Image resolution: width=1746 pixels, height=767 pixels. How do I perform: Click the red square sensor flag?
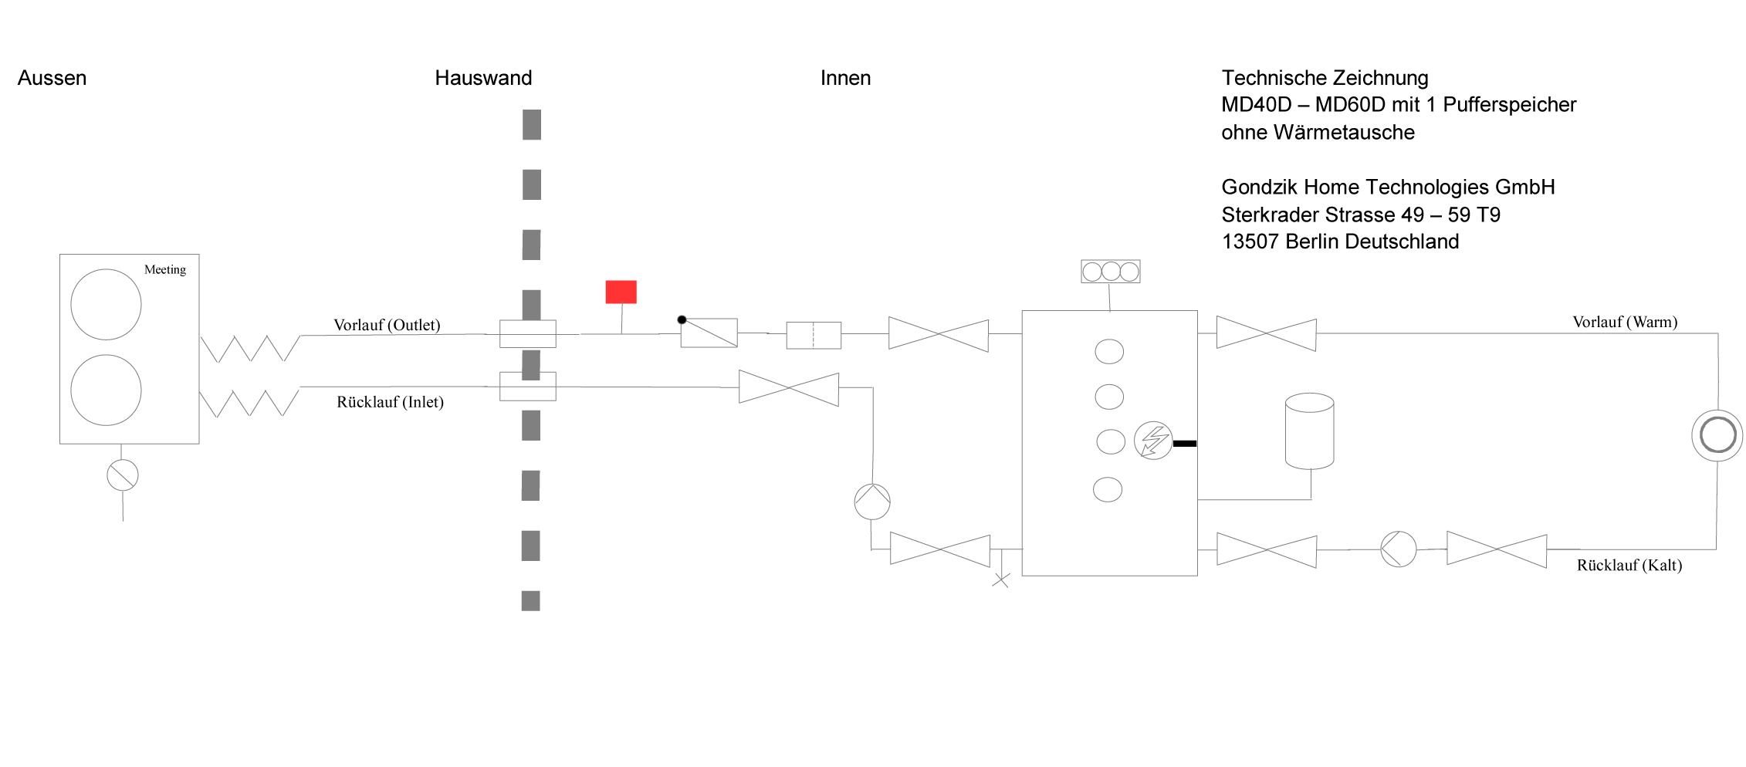pos(621,292)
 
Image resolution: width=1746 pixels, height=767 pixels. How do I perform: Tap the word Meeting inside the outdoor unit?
pos(165,269)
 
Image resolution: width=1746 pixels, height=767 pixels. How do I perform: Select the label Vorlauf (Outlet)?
pos(387,325)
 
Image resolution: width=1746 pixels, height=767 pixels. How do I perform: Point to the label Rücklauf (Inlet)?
pos(390,402)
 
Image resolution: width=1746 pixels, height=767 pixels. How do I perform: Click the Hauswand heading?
pos(483,78)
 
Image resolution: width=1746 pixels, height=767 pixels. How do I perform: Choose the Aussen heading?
pos(52,78)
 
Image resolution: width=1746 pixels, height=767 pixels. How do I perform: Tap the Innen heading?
pos(845,78)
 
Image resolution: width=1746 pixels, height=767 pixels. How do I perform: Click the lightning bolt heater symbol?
pos(1153,441)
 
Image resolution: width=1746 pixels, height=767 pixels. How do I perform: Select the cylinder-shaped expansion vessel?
pos(1309,431)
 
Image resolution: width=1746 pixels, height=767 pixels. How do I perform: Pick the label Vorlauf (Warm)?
pos(1625,322)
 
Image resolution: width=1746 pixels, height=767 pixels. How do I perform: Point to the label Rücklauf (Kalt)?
pos(1629,565)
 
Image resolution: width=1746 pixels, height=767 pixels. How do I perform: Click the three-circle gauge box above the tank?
pos(1110,272)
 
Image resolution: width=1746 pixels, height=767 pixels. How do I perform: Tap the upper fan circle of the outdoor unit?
pos(106,304)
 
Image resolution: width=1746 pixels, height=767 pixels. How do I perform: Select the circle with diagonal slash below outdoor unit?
pos(123,475)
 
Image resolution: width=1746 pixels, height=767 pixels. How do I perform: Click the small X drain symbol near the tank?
pos(1000,579)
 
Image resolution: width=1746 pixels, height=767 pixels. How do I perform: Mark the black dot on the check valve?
pos(682,319)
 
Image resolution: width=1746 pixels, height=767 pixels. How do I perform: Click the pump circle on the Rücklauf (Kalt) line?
pos(1398,549)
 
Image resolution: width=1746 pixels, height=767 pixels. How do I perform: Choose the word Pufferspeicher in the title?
pos(1509,105)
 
